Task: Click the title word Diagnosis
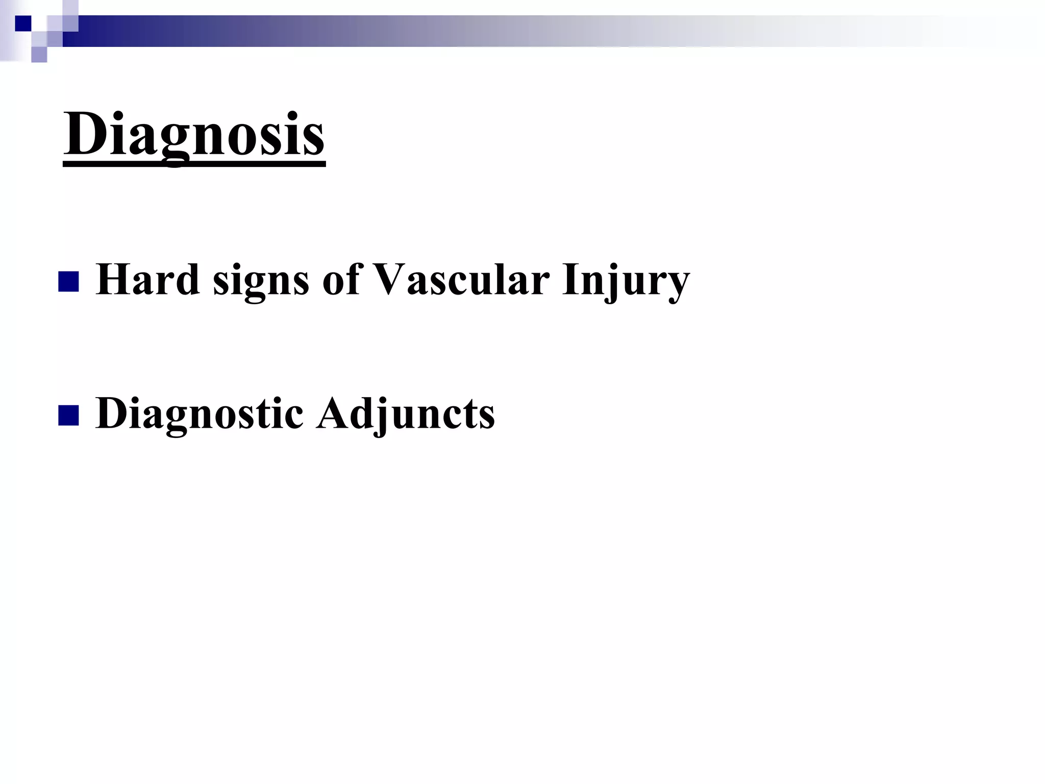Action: click(194, 134)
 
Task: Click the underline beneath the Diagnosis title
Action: click(194, 164)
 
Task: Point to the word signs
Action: click(261, 282)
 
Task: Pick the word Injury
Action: click(626, 282)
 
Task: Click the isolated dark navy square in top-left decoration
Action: click(23, 23)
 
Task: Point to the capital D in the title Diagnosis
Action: click(84, 134)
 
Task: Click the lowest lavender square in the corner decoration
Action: click(39, 54)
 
